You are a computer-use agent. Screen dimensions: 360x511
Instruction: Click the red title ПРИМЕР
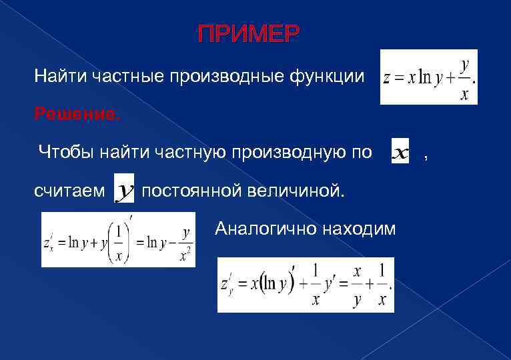249,34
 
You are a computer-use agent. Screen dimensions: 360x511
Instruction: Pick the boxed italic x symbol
400,153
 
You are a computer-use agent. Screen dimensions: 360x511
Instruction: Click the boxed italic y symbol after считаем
125,191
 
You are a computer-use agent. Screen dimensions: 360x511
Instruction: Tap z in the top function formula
387,79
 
